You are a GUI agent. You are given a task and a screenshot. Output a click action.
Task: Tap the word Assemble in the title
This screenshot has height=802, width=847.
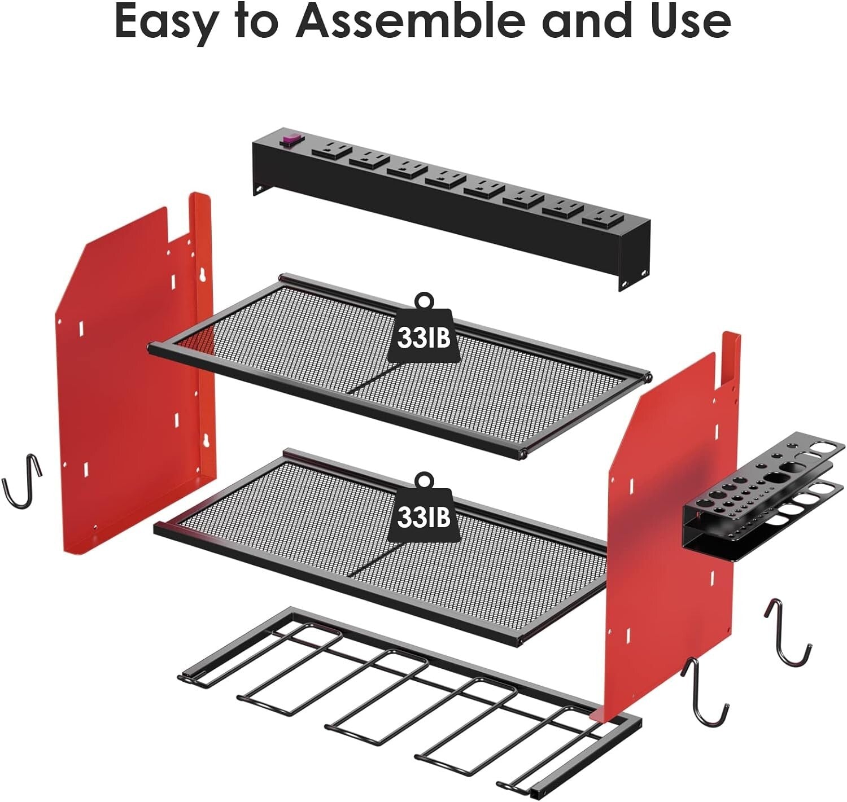[410, 21]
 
